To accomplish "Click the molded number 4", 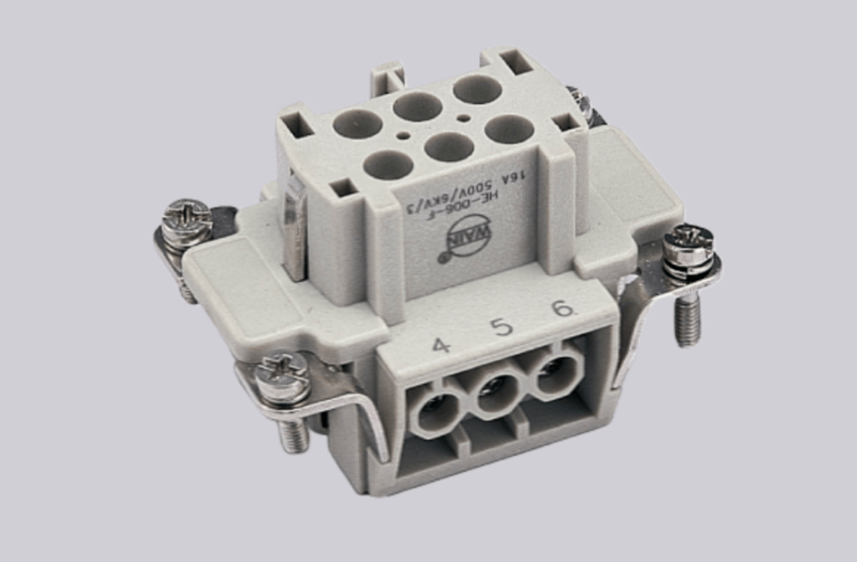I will tap(440, 346).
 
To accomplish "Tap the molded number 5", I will tap(501, 327).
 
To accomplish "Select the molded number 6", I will tap(562, 308).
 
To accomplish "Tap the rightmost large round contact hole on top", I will tap(509, 129).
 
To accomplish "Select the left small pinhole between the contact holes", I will tap(402, 134).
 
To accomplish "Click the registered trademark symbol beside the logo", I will tap(443, 255).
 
